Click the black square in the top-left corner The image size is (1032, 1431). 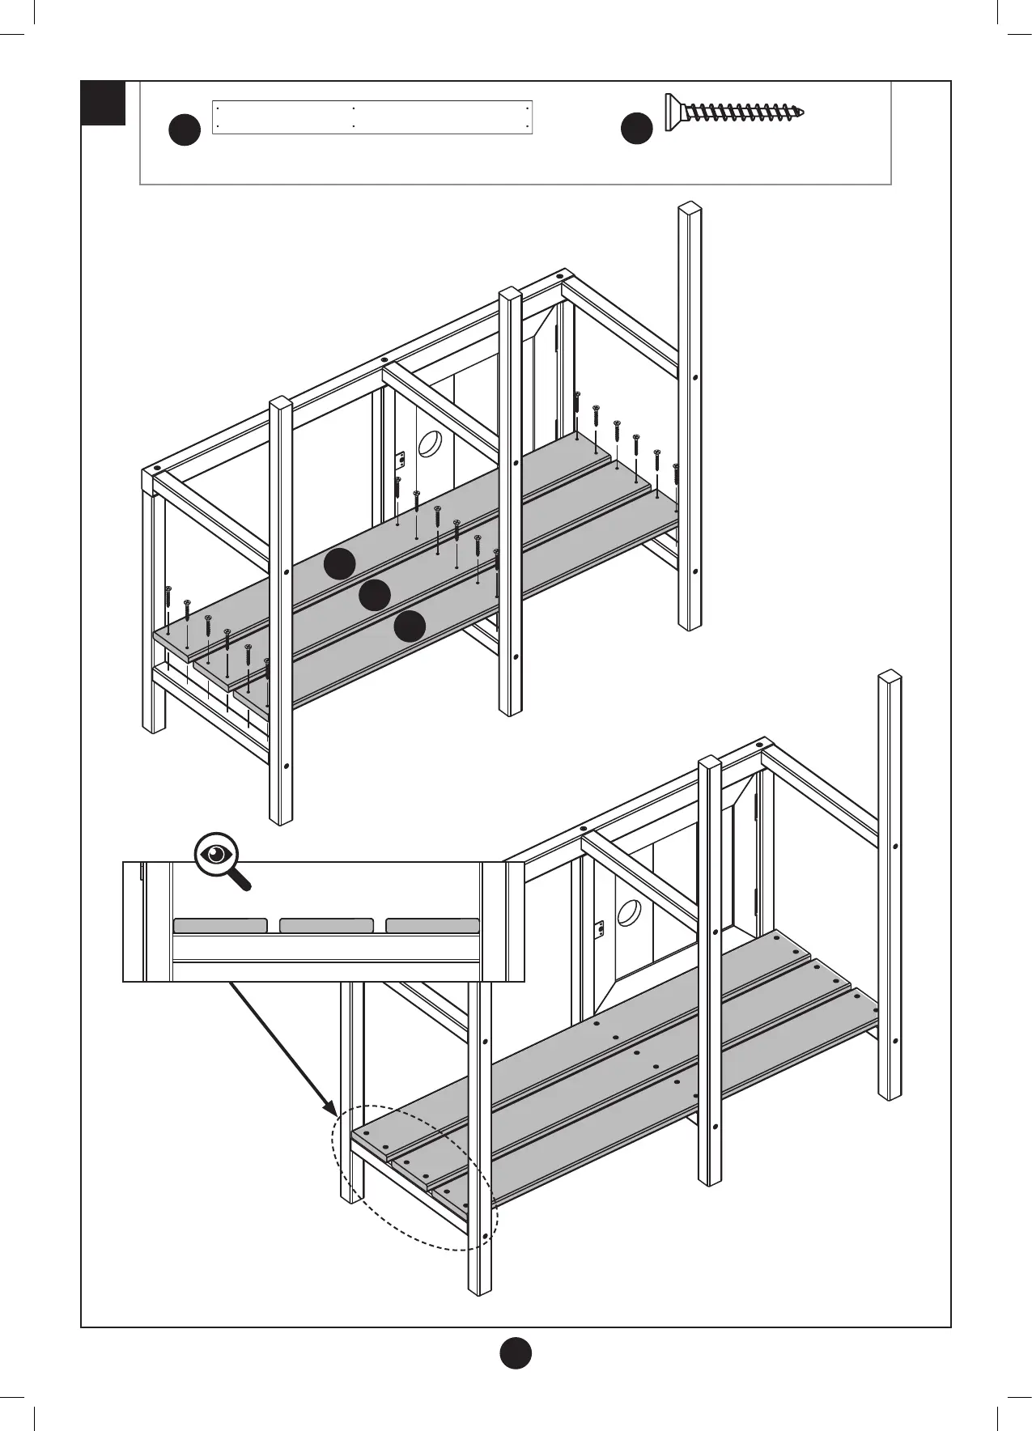point(104,103)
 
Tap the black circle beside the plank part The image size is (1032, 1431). point(185,130)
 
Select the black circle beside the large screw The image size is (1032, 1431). point(636,130)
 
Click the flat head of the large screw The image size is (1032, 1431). point(670,112)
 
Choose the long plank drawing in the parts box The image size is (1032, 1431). point(372,117)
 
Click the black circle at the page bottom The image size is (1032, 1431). point(515,1352)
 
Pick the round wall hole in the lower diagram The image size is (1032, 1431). point(628,912)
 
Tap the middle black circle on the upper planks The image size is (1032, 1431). point(375,596)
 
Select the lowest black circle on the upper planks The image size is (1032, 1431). point(410,626)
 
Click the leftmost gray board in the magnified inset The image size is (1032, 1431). point(220,925)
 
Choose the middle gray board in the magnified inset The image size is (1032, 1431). point(326,925)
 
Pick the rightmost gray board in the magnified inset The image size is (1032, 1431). point(432,925)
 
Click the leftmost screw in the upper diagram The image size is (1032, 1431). point(168,599)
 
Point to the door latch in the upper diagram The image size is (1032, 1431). point(398,461)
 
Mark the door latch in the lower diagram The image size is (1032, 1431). point(600,930)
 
